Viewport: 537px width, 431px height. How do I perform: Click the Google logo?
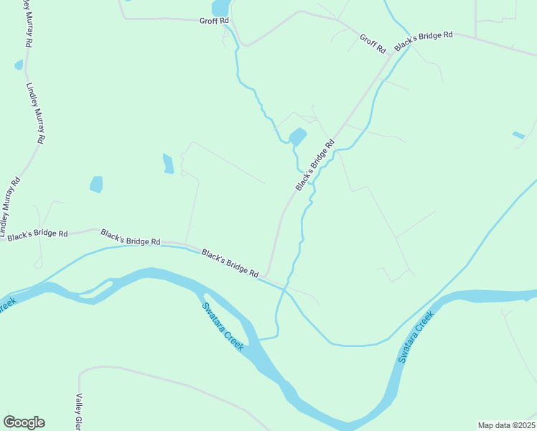click(x=24, y=422)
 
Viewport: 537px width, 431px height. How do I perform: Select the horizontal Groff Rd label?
click(x=213, y=21)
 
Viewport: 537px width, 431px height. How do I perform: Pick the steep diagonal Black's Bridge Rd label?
click(x=315, y=166)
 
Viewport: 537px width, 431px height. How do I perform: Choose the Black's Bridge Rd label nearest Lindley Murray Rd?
click(x=37, y=234)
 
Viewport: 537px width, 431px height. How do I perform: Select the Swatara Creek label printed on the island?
click(x=223, y=325)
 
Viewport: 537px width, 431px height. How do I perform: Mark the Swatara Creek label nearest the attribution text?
click(x=416, y=336)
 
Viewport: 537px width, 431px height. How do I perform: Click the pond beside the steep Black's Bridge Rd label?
click(x=297, y=136)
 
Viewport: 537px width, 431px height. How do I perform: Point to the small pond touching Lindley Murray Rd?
click(x=19, y=65)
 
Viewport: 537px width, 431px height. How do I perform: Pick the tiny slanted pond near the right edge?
click(x=518, y=135)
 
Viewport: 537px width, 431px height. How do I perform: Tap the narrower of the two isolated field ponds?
click(x=168, y=164)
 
